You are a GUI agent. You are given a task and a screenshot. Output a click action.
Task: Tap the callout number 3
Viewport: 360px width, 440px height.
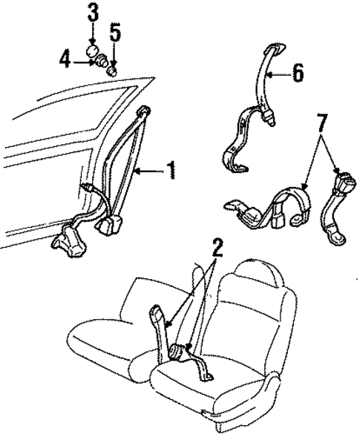tap(93, 12)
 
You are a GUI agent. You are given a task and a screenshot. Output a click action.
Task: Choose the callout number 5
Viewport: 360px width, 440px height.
tap(115, 32)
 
